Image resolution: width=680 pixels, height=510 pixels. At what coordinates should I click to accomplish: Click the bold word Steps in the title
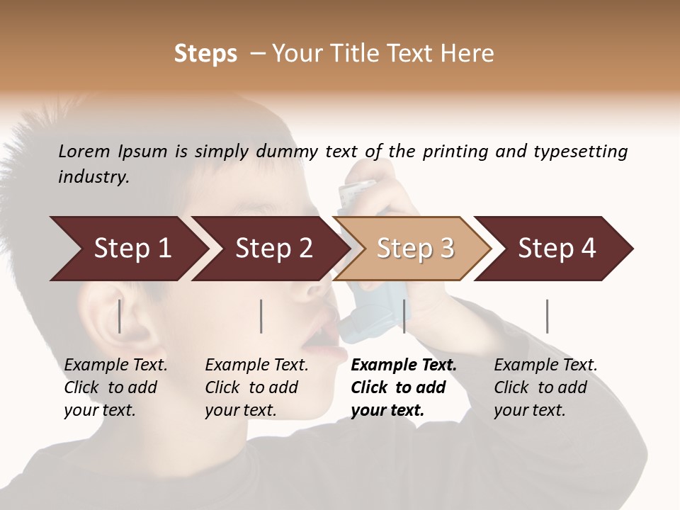pyautogui.click(x=205, y=54)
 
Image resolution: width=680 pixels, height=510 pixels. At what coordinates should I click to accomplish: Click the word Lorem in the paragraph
pyautogui.click(x=84, y=151)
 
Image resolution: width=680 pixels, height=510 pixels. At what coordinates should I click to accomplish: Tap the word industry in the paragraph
pyautogui.click(x=93, y=176)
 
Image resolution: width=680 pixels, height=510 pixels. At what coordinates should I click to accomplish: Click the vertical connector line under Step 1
pyautogui.click(x=120, y=316)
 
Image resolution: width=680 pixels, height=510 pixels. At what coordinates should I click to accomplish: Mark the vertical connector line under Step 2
pyautogui.click(x=261, y=316)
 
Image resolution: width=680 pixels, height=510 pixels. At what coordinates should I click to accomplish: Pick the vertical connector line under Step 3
pyautogui.click(x=404, y=316)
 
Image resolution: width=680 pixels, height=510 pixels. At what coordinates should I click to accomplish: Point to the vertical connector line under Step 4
pyautogui.click(x=547, y=316)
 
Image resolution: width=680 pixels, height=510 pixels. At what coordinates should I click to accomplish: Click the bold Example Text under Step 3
pyautogui.click(x=404, y=365)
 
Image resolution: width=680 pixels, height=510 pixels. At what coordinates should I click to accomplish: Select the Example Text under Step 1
pyautogui.click(x=115, y=365)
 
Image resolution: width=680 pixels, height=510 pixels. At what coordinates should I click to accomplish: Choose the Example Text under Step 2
pyautogui.click(x=256, y=365)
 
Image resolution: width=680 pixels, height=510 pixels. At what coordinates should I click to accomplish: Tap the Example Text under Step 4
pyautogui.click(x=545, y=365)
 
